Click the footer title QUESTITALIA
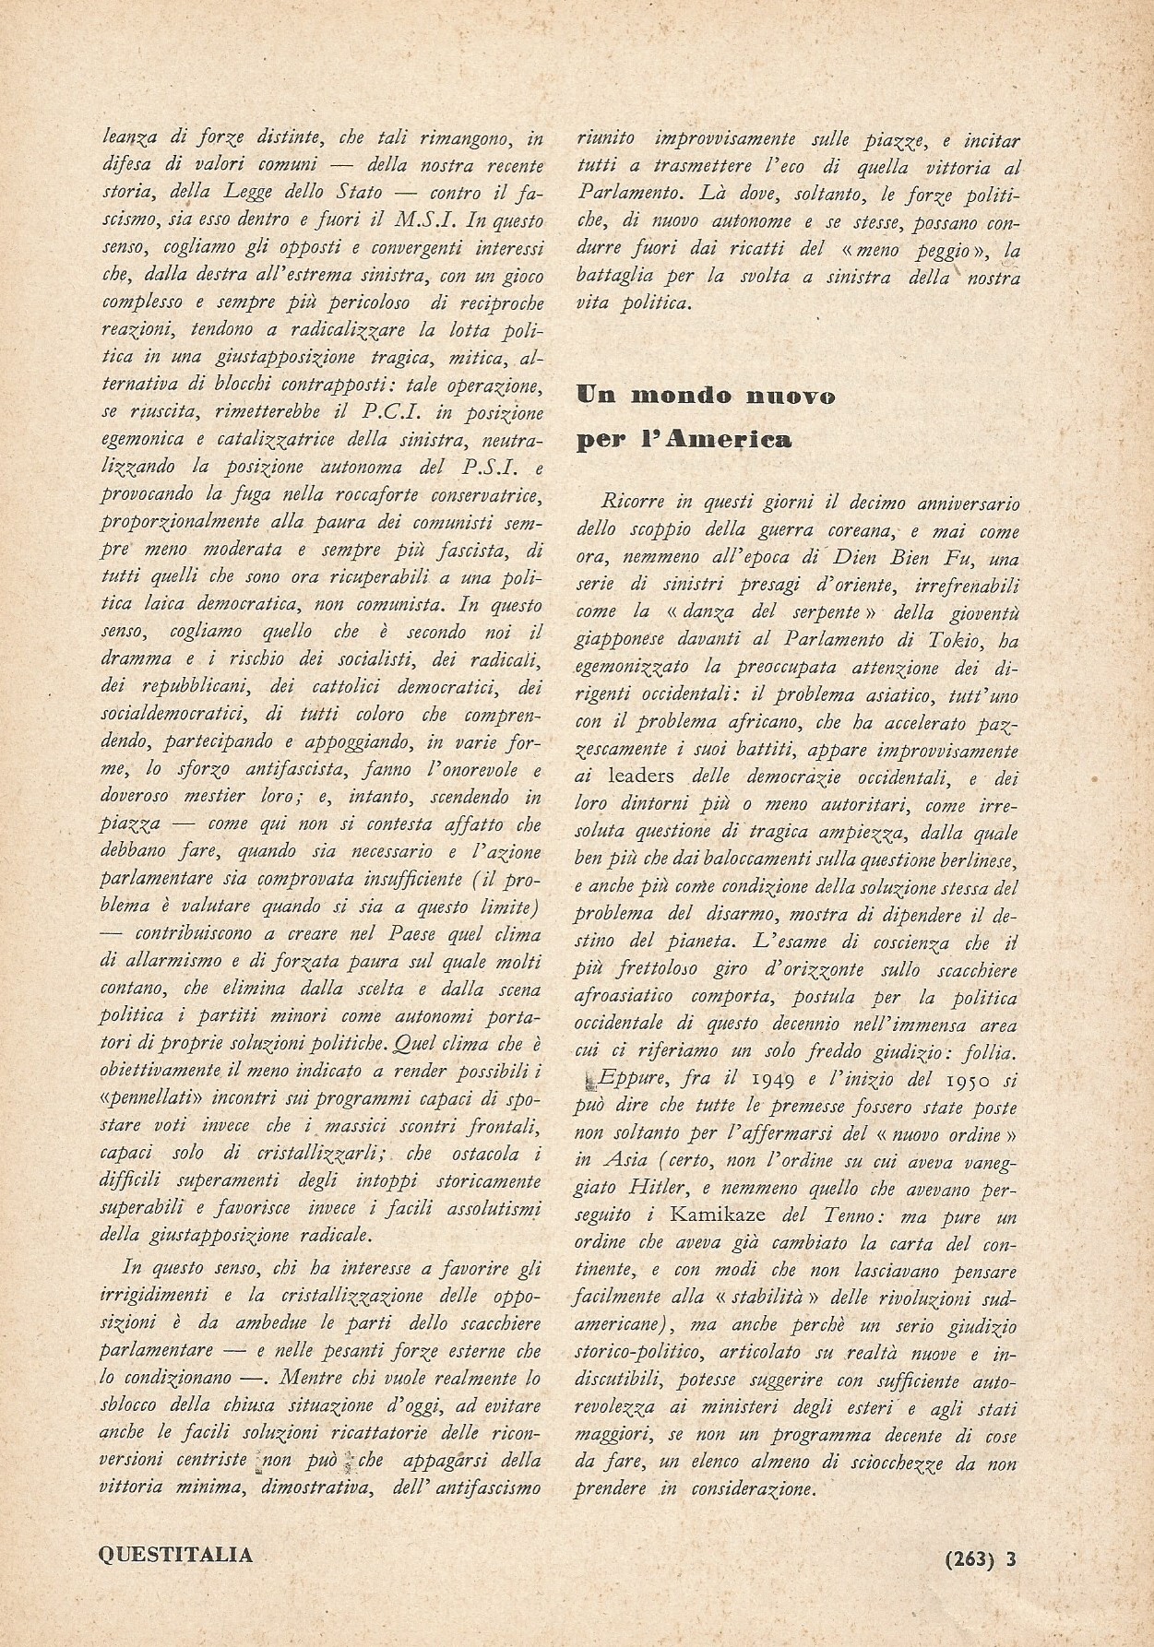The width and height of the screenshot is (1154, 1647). pos(174,1554)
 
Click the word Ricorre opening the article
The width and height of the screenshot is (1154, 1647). pos(631,505)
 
